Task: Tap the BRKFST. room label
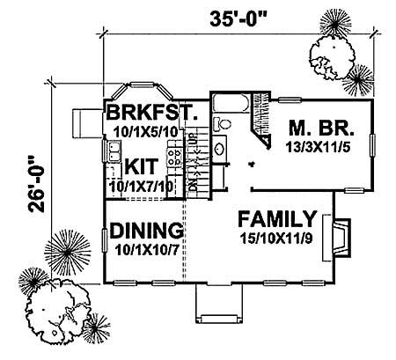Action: [x=145, y=114]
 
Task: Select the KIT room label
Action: [x=140, y=166]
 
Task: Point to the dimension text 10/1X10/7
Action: [x=146, y=248]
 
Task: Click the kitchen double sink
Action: [x=113, y=155]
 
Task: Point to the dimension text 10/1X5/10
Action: [x=145, y=131]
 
